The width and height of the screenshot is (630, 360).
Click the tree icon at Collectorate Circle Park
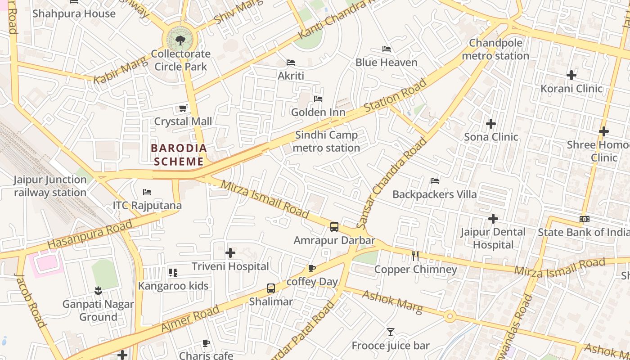pyautogui.click(x=180, y=40)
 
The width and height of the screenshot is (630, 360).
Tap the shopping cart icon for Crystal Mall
pyautogui.click(x=183, y=108)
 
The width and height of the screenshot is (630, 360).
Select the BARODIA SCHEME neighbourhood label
pyautogui.click(x=179, y=154)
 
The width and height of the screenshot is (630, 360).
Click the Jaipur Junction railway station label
pyautogui.click(x=50, y=186)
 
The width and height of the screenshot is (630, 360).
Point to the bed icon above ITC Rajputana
pyautogui.click(x=147, y=192)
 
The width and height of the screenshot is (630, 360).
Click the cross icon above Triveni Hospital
pyautogui.click(x=230, y=253)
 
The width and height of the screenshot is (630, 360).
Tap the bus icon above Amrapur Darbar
pyautogui.click(x=334, y=227)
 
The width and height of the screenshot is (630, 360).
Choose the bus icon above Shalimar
pyautogui.click(x=270, y=288)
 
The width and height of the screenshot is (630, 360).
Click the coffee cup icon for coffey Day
pyautogui.click(x=311, y=269)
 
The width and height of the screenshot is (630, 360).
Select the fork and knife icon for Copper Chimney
pyautogui.click(x=415, y=256)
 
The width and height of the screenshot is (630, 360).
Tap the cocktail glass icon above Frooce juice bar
pyautogui.click(x=390, y=332)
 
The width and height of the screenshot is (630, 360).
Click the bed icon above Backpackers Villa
pyautogui.click(x=434, y=181)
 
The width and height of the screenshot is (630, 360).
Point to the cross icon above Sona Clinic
pyautogui.click(x=491, y=123)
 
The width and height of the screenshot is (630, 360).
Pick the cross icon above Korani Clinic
pyautogui.click(x=571, y=75)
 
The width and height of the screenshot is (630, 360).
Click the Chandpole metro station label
pyautogui.click(x=495, y=49)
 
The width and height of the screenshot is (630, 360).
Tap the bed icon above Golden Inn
pyautogui.click(x=318, y=99)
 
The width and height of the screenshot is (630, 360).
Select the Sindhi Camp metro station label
pyautogui.click(x=326, y=141)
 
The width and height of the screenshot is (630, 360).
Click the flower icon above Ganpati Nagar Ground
pyautogui.click(x=98, y=291)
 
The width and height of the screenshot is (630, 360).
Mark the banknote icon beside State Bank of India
pyautogui.click(x=585, y=219)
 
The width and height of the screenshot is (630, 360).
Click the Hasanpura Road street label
pyautogui.click(x=90, y=234)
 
